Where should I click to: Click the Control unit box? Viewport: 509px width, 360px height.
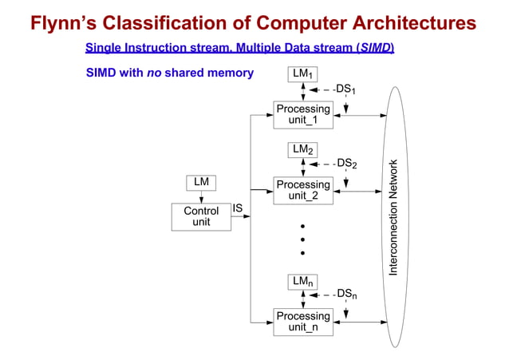(201, 217)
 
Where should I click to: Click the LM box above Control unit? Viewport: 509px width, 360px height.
(201, 183)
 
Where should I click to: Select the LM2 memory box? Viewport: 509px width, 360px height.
(303, 150)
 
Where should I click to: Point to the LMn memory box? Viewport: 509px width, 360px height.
(303, 282)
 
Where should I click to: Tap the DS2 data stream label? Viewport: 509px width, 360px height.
(346, 164)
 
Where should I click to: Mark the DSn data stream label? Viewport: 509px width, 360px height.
(346, 294)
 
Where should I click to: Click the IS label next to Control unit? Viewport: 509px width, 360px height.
(238, 208)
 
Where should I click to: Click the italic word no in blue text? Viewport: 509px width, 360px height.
(155, 73)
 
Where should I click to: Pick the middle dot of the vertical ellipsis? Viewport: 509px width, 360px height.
(303, 239)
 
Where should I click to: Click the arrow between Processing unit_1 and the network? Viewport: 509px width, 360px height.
(360, 116)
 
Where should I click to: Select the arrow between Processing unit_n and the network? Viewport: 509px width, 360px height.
(360, 322)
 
